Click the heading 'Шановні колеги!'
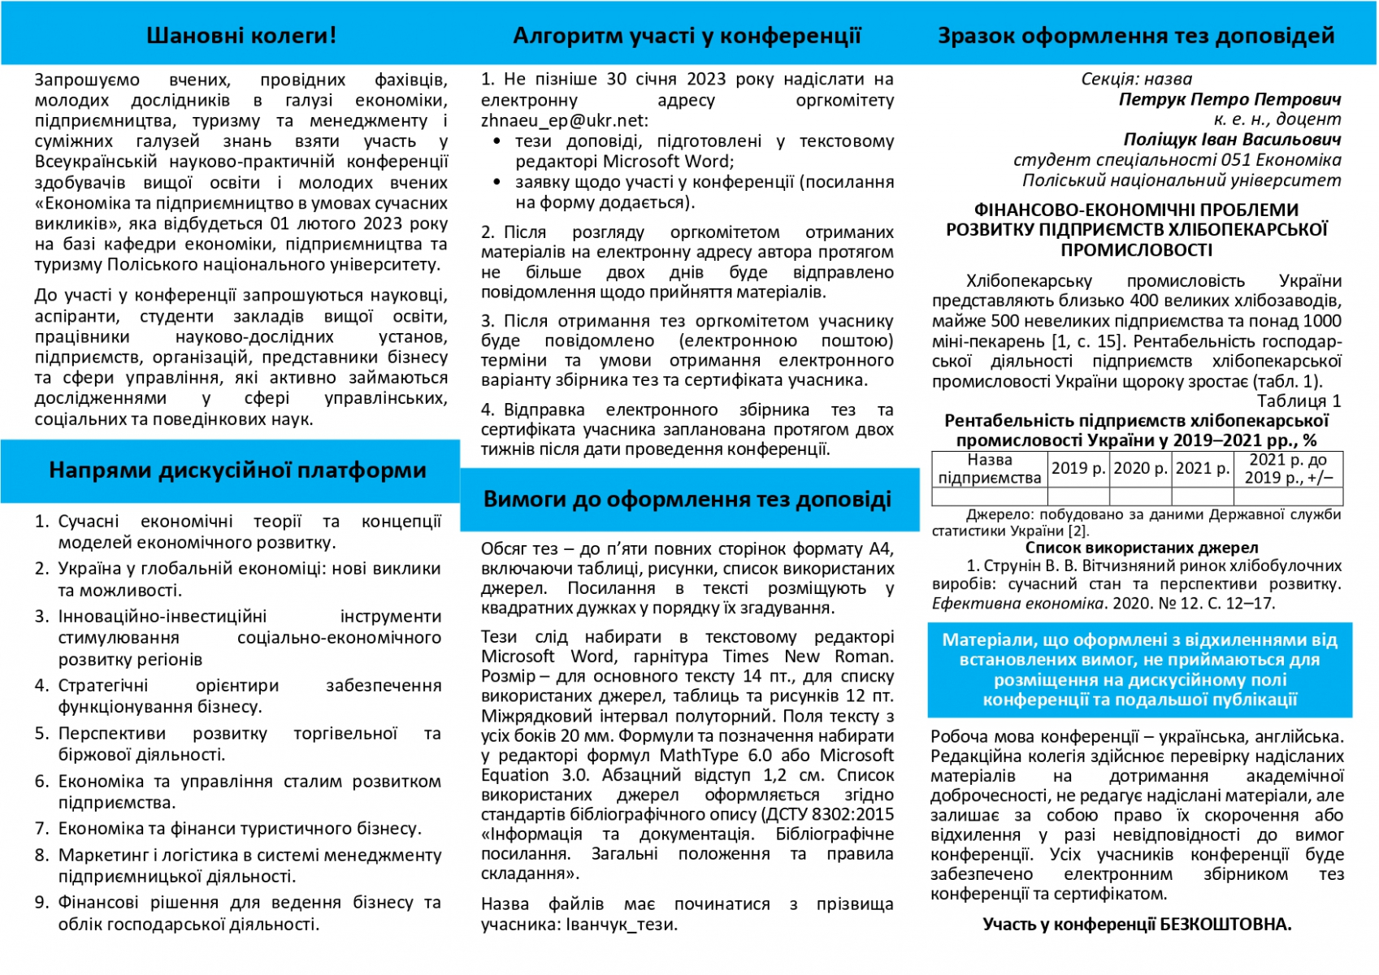pyautogui.click(x=241, y=36)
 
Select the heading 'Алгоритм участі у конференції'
pyautogui.click(x=687, y=36)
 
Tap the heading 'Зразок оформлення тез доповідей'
pyautogui.click(x=1136, y=36)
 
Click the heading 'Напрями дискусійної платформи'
pyautogui.click(x=237, y=470)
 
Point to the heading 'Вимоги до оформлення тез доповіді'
pyautogui.click(x=687, y=500)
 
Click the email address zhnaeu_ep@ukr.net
pyautogui.click(x=563, y=121)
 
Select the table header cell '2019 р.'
pyautogui.click(x=1078, y=469)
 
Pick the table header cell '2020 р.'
pyautogui.click(x=1140, y=469)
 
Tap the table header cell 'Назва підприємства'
pyautogui.click(x=989, y=469)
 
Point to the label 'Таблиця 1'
pyautogui.click(x=1299, y=401)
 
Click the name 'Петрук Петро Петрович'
pyautogui.click(x=1229, y=99)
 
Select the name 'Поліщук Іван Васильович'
pyautogui.click(x=1232, y=139)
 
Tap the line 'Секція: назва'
pyautogui.click(x=1136, y=79)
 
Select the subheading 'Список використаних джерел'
pyautogui.click(x=1141, y=548)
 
